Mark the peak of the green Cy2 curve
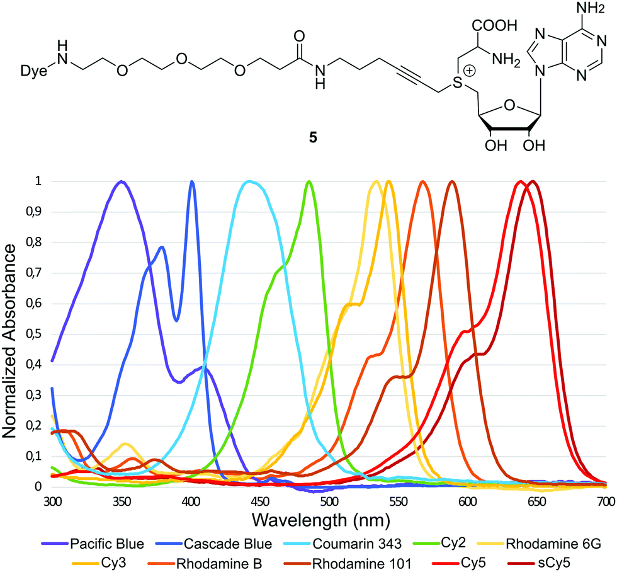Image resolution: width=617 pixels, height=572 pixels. click(x=309, y=182)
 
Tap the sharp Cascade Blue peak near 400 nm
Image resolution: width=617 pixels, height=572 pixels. click(x=191, y=182)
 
